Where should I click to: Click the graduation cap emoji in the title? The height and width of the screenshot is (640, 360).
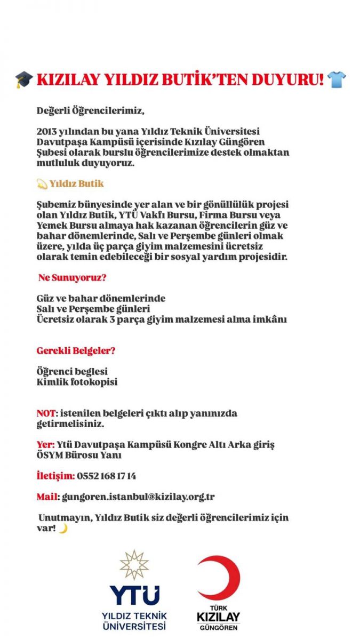(24, 80)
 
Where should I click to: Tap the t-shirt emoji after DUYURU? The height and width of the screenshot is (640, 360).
(336, 80)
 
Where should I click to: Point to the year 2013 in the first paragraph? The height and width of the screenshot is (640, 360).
(47, 131)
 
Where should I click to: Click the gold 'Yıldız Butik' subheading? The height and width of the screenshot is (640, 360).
(77, 183)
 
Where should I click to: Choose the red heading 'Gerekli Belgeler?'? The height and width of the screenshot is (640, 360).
(76, 351)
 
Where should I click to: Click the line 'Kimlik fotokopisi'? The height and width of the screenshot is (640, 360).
(77, 382)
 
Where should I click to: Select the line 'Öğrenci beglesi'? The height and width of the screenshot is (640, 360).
(72, 371)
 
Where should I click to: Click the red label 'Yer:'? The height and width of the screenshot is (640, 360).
(45, 444)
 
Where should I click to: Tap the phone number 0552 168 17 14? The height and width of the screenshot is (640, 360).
(107, 476)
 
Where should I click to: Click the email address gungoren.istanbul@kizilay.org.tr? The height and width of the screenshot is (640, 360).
(138, 497)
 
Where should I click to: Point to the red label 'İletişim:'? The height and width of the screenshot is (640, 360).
(55, 476)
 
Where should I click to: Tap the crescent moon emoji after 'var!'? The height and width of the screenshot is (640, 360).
(63, 528)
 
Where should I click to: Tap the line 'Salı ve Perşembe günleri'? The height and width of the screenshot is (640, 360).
(93, 309)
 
